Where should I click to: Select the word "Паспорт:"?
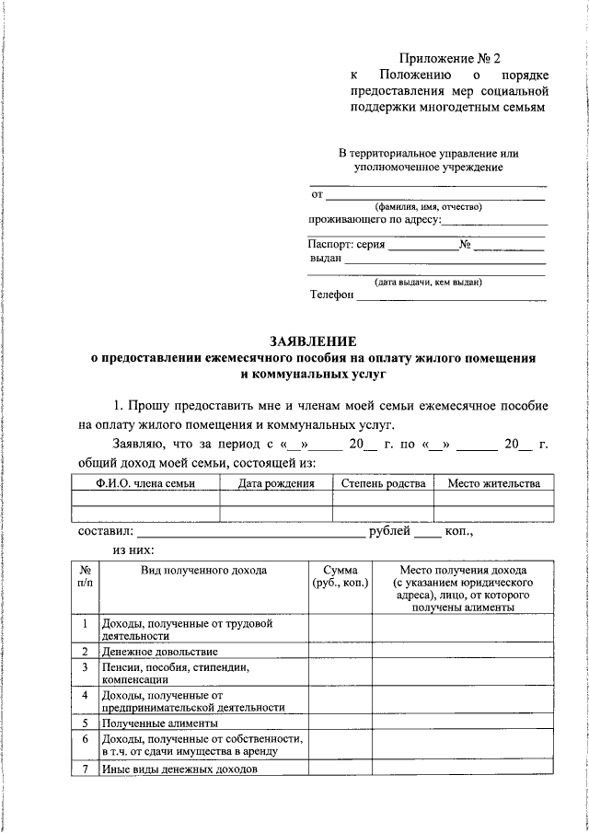point(330,245)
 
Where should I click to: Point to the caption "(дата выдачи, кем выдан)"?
point(428,282)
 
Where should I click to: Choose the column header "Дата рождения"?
point(276,483)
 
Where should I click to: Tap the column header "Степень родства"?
point(383,483)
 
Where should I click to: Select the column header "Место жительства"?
point(493,483)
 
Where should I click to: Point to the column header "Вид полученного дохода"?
point(203,571)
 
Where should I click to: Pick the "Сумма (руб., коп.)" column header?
point(340,577)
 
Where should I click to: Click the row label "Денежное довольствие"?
point(147,652)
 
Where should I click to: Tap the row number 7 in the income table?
point(84,769)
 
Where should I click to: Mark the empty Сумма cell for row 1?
point(340,629)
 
